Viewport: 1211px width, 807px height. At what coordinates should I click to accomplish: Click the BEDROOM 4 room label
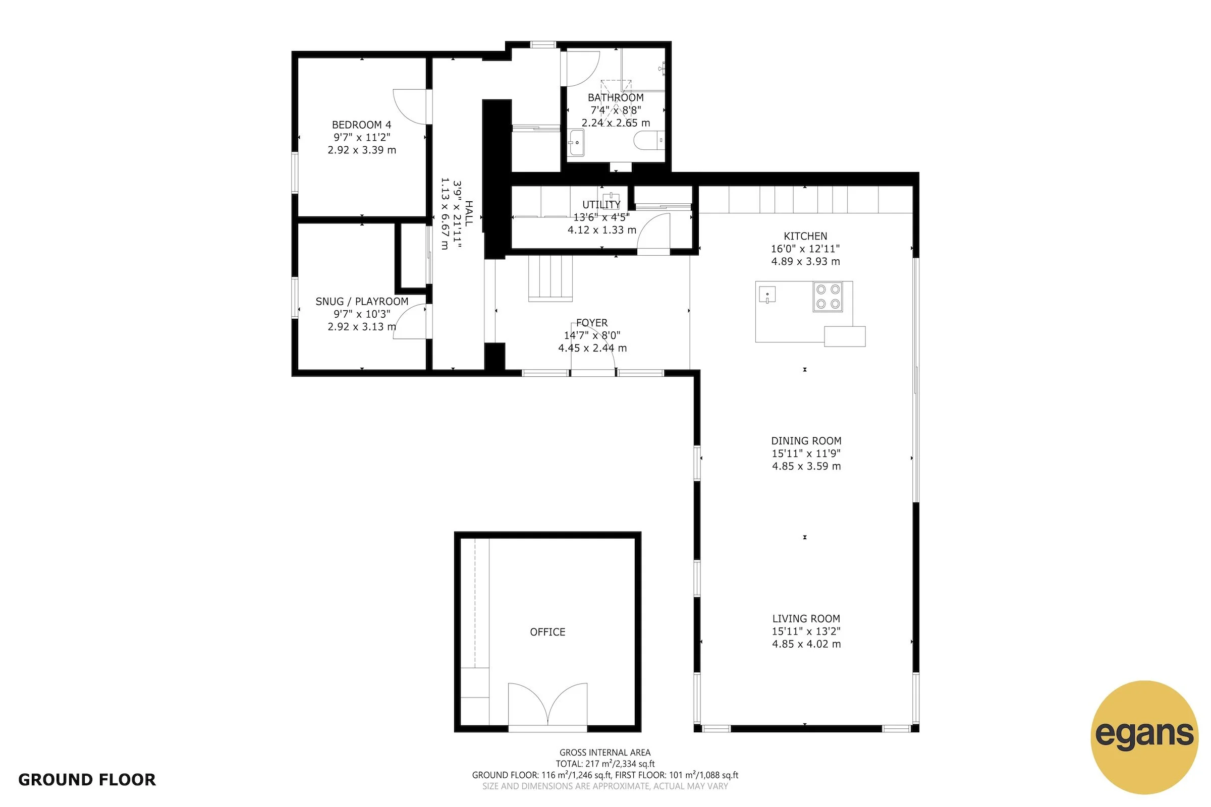point(361,125)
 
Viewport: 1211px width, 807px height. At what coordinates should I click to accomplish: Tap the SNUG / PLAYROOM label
point(361,302)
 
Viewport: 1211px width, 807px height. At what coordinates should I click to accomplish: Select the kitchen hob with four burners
point(828,297)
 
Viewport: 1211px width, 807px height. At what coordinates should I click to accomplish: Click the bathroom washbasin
point(577,143)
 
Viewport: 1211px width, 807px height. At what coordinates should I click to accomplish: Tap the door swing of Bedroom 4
point(410,106)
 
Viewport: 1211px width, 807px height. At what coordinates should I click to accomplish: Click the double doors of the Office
point(547,705)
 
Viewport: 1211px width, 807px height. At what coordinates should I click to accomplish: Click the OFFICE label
point(547,632)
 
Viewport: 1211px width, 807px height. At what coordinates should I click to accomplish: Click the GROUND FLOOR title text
point(86,780)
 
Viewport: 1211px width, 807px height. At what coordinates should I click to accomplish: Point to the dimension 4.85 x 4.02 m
point(806,644)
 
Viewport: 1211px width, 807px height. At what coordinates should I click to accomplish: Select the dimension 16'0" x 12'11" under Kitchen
point(805,249)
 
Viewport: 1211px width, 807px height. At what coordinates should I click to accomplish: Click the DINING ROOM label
point(806,441)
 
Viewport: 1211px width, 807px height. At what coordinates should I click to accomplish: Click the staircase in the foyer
point(551,278)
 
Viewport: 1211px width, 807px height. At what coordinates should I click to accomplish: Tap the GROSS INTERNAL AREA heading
point(604,753)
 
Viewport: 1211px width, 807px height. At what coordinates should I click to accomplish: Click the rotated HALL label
point(469,213)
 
